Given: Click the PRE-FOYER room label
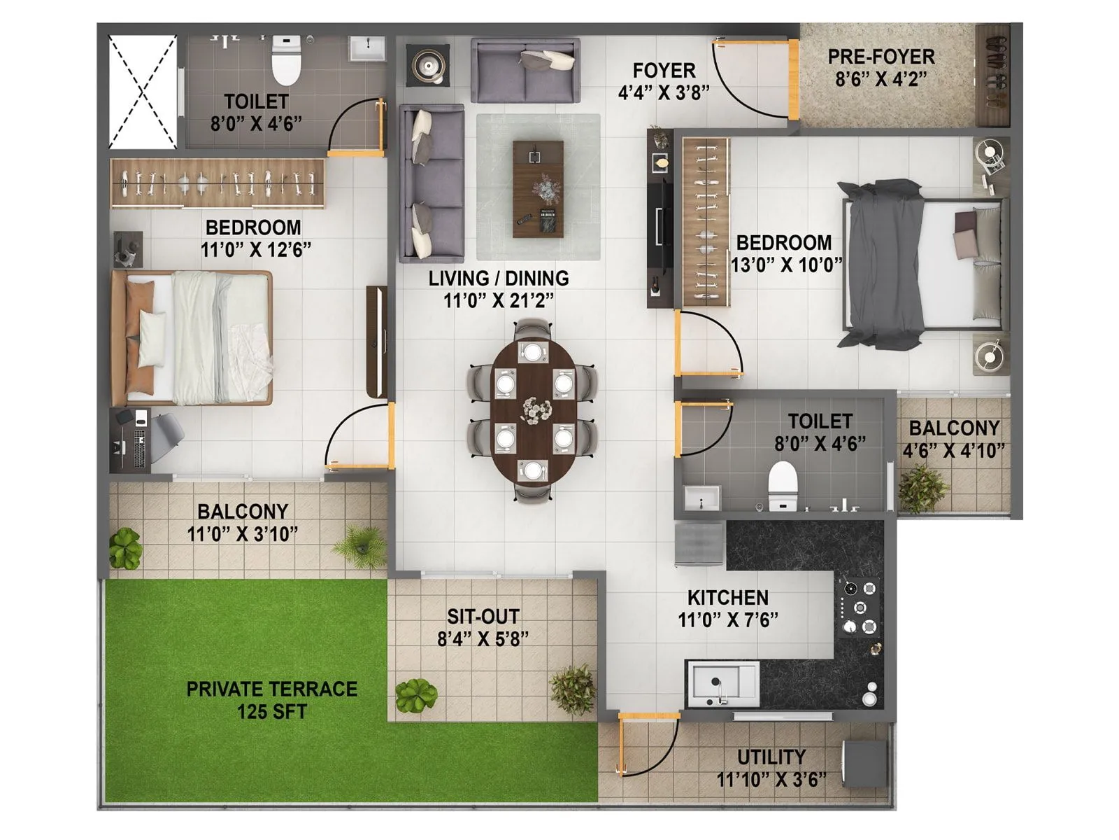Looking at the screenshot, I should pyautogui.click(x=881, y=57).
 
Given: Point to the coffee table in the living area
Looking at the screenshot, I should pyautogui.click(x=538, y=189).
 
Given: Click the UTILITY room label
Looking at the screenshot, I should pyautogui.click(x=771, y=757).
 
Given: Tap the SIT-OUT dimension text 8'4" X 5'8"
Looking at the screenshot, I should pyautogui.click(x=483, y=638).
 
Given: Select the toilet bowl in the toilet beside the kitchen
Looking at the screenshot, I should pyautogui.click(x=783, y=485).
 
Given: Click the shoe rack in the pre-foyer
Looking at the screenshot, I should pyautogui.click(x=992, y=73).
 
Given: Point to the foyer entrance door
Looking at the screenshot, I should pyautogui.click(x=793, y=78).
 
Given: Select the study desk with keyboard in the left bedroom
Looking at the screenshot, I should pyautogui.click(x=131, y=439).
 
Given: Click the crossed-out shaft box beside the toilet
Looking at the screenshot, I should pyautogui.click(x=143, y=92).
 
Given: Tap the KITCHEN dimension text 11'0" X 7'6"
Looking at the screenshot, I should pyautogui.click(x=727, y=619).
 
